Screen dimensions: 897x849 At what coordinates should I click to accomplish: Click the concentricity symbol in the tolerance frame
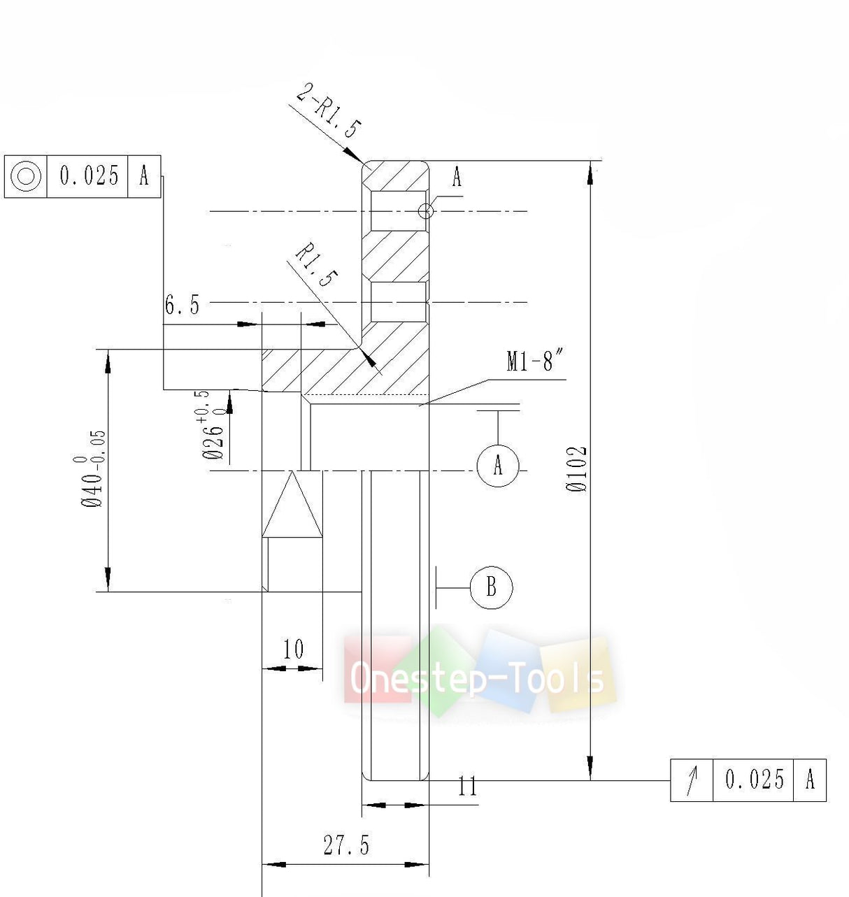click(x=26, y=176)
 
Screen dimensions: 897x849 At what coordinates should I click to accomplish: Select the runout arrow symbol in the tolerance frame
click(x=692, y=780)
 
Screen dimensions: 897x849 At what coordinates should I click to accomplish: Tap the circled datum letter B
click(x=491, y=587)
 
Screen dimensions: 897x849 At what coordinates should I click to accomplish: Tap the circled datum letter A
click(x=498, y=466)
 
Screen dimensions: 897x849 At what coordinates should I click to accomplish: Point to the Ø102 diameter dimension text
click(x=578, y=469)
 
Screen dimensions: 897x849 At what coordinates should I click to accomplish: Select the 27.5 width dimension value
click(x=346, y=845)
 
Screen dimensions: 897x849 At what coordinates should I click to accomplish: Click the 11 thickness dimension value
click(x=467, y=787)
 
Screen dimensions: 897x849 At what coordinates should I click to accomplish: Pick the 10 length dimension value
click(x=293, y=650)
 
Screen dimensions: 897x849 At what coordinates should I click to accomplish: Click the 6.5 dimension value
click(x=182, y=305)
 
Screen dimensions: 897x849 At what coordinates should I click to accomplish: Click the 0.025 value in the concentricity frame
click(x=88, y=176)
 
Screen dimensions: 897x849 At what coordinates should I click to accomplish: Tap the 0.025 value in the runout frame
click(x=754, y=780)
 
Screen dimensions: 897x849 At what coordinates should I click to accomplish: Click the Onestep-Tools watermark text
click(x=477, y=677)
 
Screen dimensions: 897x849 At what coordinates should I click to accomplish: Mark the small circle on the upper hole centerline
click(x=425, y=211)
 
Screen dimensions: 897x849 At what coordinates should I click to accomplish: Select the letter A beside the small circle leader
click(x=457, y=178)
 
